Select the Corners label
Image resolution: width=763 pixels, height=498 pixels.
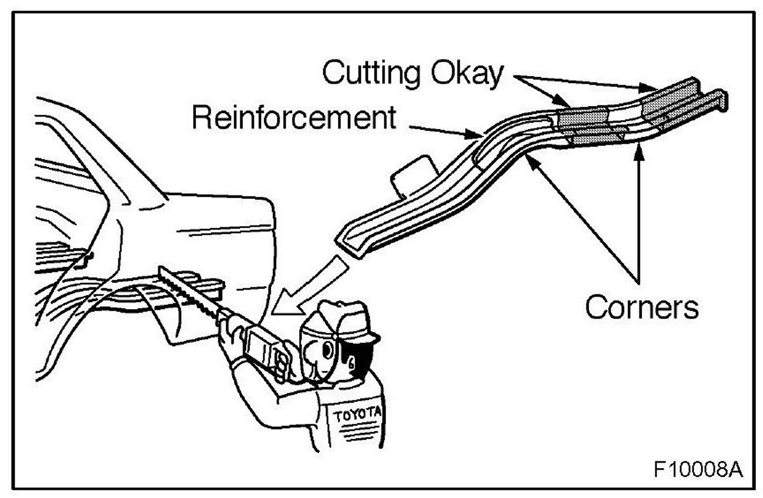(641, 307)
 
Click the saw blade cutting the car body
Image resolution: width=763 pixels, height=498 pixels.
(188, 291)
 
